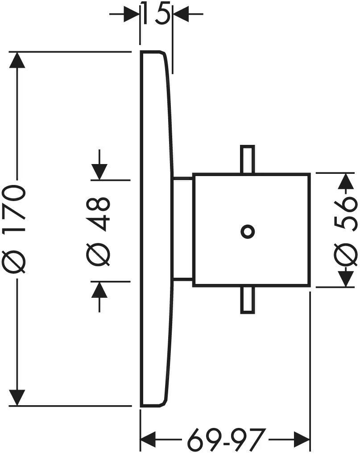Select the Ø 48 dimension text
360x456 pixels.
pyautogui.click(x=99, y=230)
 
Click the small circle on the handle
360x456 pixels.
pyautogui.click(x=248, y=231)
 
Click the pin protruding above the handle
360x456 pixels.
pyautogui.click(x=247, y=159)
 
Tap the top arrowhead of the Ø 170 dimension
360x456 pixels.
pyautogui.click(x=17, y=60)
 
